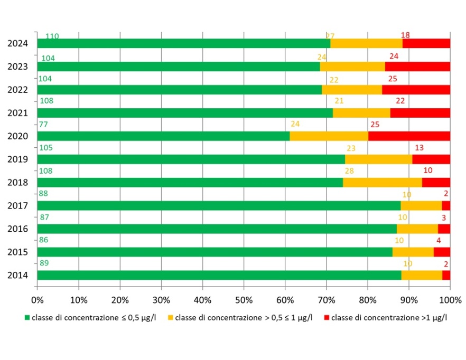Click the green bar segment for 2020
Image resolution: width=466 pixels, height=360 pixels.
tap(163, 136)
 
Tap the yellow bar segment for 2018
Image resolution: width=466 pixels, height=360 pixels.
tap(383, 183)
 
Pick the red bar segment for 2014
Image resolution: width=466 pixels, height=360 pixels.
tap(446, 275)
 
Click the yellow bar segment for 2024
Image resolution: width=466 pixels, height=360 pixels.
tap(366, 43)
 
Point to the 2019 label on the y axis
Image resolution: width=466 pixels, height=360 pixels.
tap(17, 159)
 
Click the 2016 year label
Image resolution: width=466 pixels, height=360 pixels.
tap(17, 229)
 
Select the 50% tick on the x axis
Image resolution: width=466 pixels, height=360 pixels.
tap(244, 299)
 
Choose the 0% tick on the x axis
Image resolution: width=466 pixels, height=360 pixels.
tap(38, 299)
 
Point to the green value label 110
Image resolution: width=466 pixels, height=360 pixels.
tap(52, 36)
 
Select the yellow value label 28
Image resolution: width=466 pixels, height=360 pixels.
tap(349, 171)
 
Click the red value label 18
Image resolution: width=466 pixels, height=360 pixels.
tap(405, 35)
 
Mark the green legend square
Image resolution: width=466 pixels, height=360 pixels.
tap(27, 318)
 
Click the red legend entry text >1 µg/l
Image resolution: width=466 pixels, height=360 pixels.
tap(389, 318)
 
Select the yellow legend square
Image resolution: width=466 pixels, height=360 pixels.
tap(170, 318)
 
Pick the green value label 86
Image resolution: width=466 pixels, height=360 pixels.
tap(45, 240)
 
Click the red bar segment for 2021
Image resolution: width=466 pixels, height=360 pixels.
tap(420, 113)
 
